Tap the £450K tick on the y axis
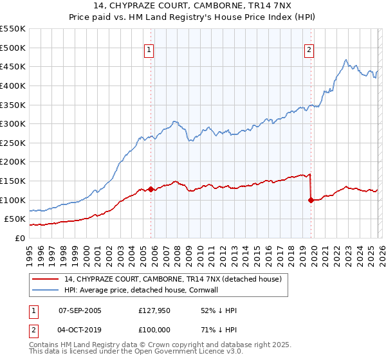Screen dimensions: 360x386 (13, 67)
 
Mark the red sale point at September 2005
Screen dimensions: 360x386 (151, 189)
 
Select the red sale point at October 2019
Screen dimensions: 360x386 (311, 200)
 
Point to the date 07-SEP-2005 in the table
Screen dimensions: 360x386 (80, 310)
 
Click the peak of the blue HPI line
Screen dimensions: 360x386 (346, 60)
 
